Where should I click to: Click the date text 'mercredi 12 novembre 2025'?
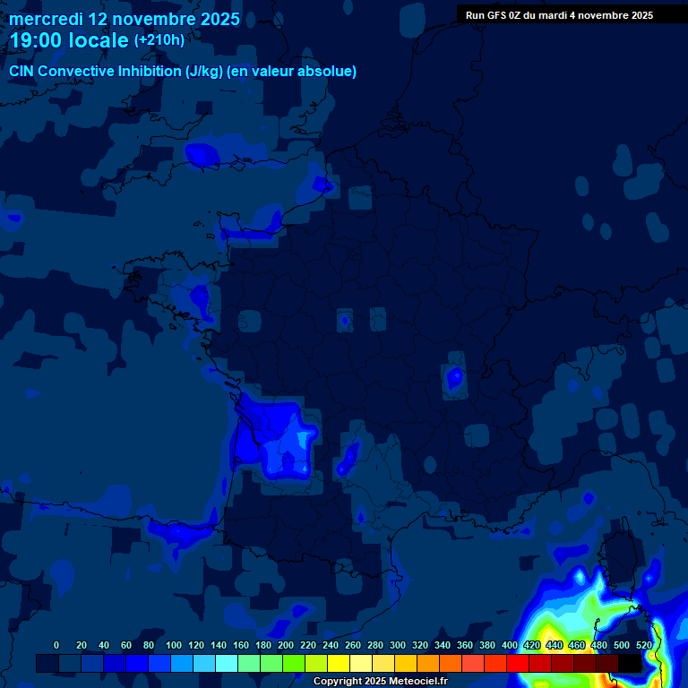125,19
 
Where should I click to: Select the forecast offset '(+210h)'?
159,40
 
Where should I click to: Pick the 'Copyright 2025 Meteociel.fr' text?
380,681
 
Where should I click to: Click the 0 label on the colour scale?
56,645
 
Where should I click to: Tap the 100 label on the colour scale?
174,645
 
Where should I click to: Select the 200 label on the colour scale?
286,645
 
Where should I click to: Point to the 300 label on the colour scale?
398,645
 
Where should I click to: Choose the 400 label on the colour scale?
510,645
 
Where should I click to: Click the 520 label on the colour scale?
644,645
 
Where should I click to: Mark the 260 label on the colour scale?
353,645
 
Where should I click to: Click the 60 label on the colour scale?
125,645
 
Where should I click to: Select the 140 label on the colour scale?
219,645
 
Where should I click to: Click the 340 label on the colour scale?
443,645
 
